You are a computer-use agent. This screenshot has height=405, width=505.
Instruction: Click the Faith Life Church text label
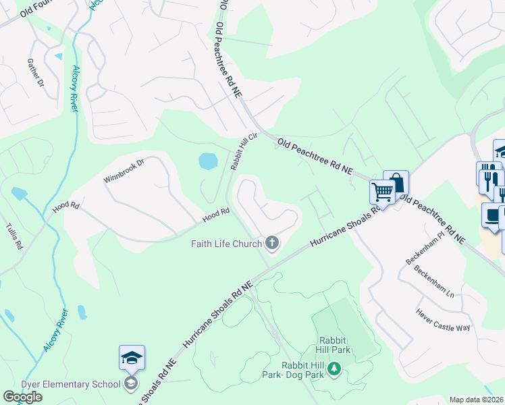click(228, 243)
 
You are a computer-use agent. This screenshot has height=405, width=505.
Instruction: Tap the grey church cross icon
click(272, 243)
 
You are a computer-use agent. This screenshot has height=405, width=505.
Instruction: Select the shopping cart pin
click(382, 192)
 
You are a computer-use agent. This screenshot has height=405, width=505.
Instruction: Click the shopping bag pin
click(396, 182)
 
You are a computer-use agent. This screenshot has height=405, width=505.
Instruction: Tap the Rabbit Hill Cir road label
click(244, 151)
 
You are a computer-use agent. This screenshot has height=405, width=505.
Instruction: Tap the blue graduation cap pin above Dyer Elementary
click(132, 357)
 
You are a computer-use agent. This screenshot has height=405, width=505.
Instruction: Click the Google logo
click(22, 397)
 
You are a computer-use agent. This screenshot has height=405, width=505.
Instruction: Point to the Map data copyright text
click(477, 400)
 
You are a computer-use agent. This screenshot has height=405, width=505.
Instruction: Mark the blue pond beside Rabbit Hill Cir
click(208, 161)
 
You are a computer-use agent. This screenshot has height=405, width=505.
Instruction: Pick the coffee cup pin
click(494, 215)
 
